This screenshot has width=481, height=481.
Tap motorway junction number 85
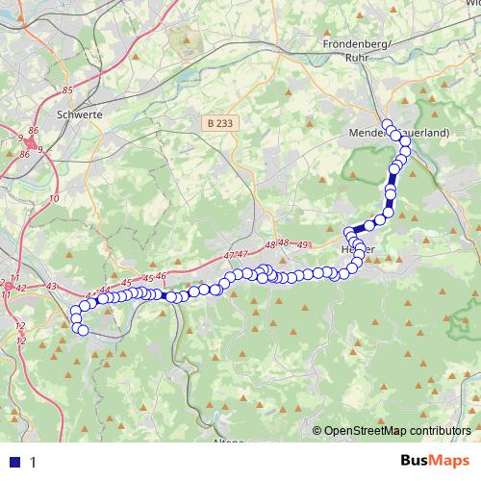pos(66,90)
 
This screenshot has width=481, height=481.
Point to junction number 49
pos(304,245)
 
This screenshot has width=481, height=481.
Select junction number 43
pos(51,287)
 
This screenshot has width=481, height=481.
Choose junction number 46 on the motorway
pos(161,276)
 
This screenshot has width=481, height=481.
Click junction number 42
pos(20,288)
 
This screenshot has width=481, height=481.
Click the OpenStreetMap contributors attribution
pos(397,431)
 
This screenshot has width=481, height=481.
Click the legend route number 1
pos(34,462)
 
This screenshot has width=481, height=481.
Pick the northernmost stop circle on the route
pos(388,124)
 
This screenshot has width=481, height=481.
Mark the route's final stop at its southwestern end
pos(83,331)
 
